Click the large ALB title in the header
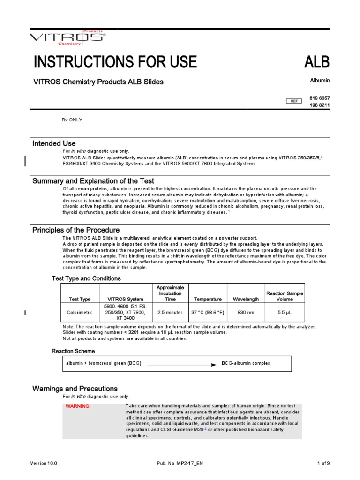pos(317,62)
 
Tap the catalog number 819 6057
pos(319,98)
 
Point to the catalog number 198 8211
pos(319,105)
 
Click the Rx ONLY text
pos(72,120)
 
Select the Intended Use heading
pos(54,143)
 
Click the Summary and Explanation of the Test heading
pos(93,181)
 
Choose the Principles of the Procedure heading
pos(76,230)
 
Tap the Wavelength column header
pos(246,299)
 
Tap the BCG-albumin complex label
pos(246,363)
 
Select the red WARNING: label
pos(78,406)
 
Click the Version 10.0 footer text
pos(44,463)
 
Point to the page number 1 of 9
pos(323,463)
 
